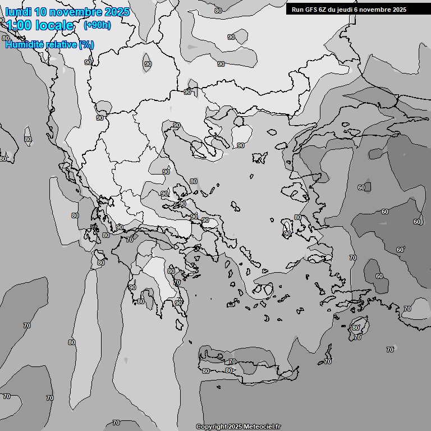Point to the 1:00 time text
(18, 25)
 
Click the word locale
(54, 25)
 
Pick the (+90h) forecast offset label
(97, 25)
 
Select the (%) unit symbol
(86, 44)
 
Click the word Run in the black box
(298, 10)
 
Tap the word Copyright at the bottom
(212, 427)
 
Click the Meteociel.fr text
(263, 427)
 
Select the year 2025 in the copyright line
(235, 427)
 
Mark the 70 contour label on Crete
(232, 362)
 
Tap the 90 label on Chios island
(287, 234)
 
